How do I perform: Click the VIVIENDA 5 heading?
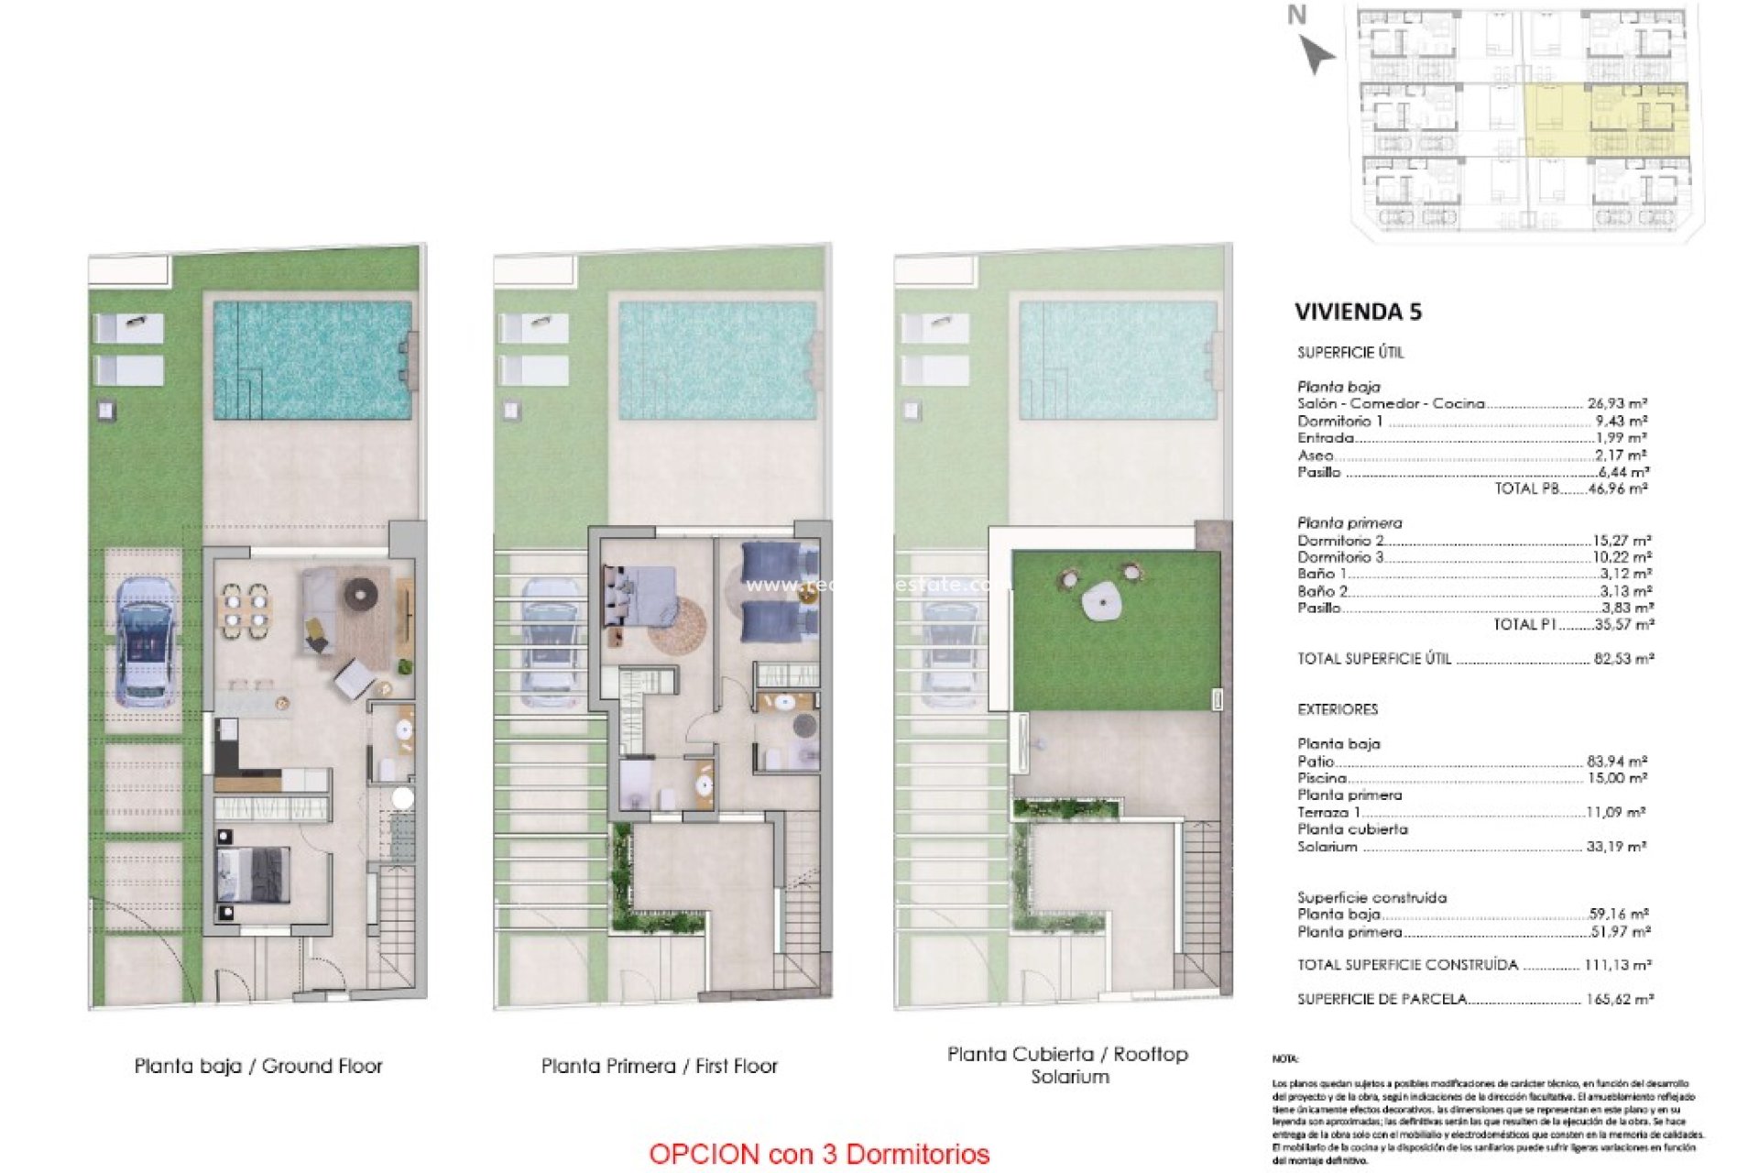1358,312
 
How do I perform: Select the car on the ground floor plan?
146,641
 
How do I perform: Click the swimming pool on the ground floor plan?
311,360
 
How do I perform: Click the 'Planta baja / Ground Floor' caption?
258,1066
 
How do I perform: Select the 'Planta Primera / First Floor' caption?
659,1066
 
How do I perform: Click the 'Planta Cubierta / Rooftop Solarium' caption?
1067,1065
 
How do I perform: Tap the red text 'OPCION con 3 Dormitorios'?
819,1154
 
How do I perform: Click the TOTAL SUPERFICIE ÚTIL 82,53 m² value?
1622,658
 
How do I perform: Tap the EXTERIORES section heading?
1337,709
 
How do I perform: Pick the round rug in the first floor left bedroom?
677,626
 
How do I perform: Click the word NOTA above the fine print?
1284,1059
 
